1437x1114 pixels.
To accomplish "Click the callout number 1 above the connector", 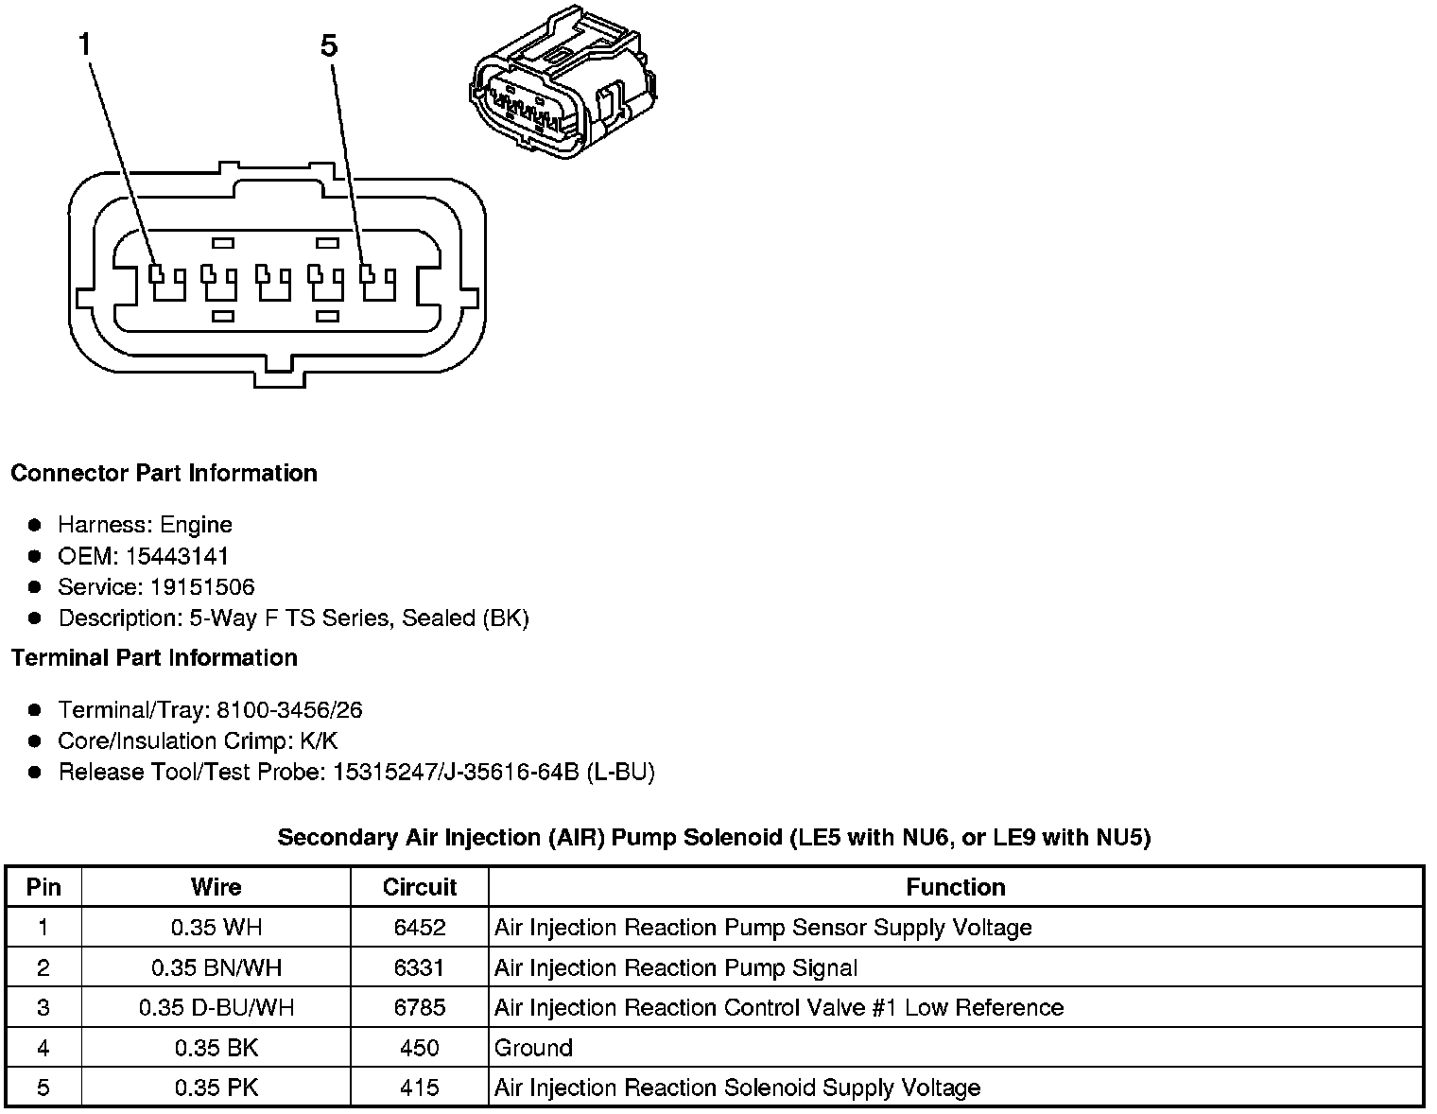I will coord(86,44).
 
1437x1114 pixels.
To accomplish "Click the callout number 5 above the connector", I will coord(329,45).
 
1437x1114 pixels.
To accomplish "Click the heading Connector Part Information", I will coord(164,473).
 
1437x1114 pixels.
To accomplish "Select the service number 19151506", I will coord(201,587).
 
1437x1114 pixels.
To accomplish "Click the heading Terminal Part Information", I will coord(154,657).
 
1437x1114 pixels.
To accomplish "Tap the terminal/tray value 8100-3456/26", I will coord(288,710).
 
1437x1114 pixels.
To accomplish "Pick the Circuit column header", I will coord(419,887).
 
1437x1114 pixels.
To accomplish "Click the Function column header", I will coord(955,887).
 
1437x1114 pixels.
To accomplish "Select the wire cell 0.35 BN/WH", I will coord(216,967).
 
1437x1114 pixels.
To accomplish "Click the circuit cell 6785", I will coord(419,1007).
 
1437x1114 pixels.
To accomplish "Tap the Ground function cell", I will coord(533,1048).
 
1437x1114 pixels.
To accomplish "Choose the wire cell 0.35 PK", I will coord(216,1088).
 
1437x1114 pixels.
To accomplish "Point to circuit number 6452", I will coord(419,928).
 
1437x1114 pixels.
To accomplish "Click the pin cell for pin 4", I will coord(43,1048).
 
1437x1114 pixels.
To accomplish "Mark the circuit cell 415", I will coord(419,1088).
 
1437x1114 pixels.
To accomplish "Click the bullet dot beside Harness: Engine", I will coord(35,525).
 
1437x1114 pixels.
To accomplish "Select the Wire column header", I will coord(216,887).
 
